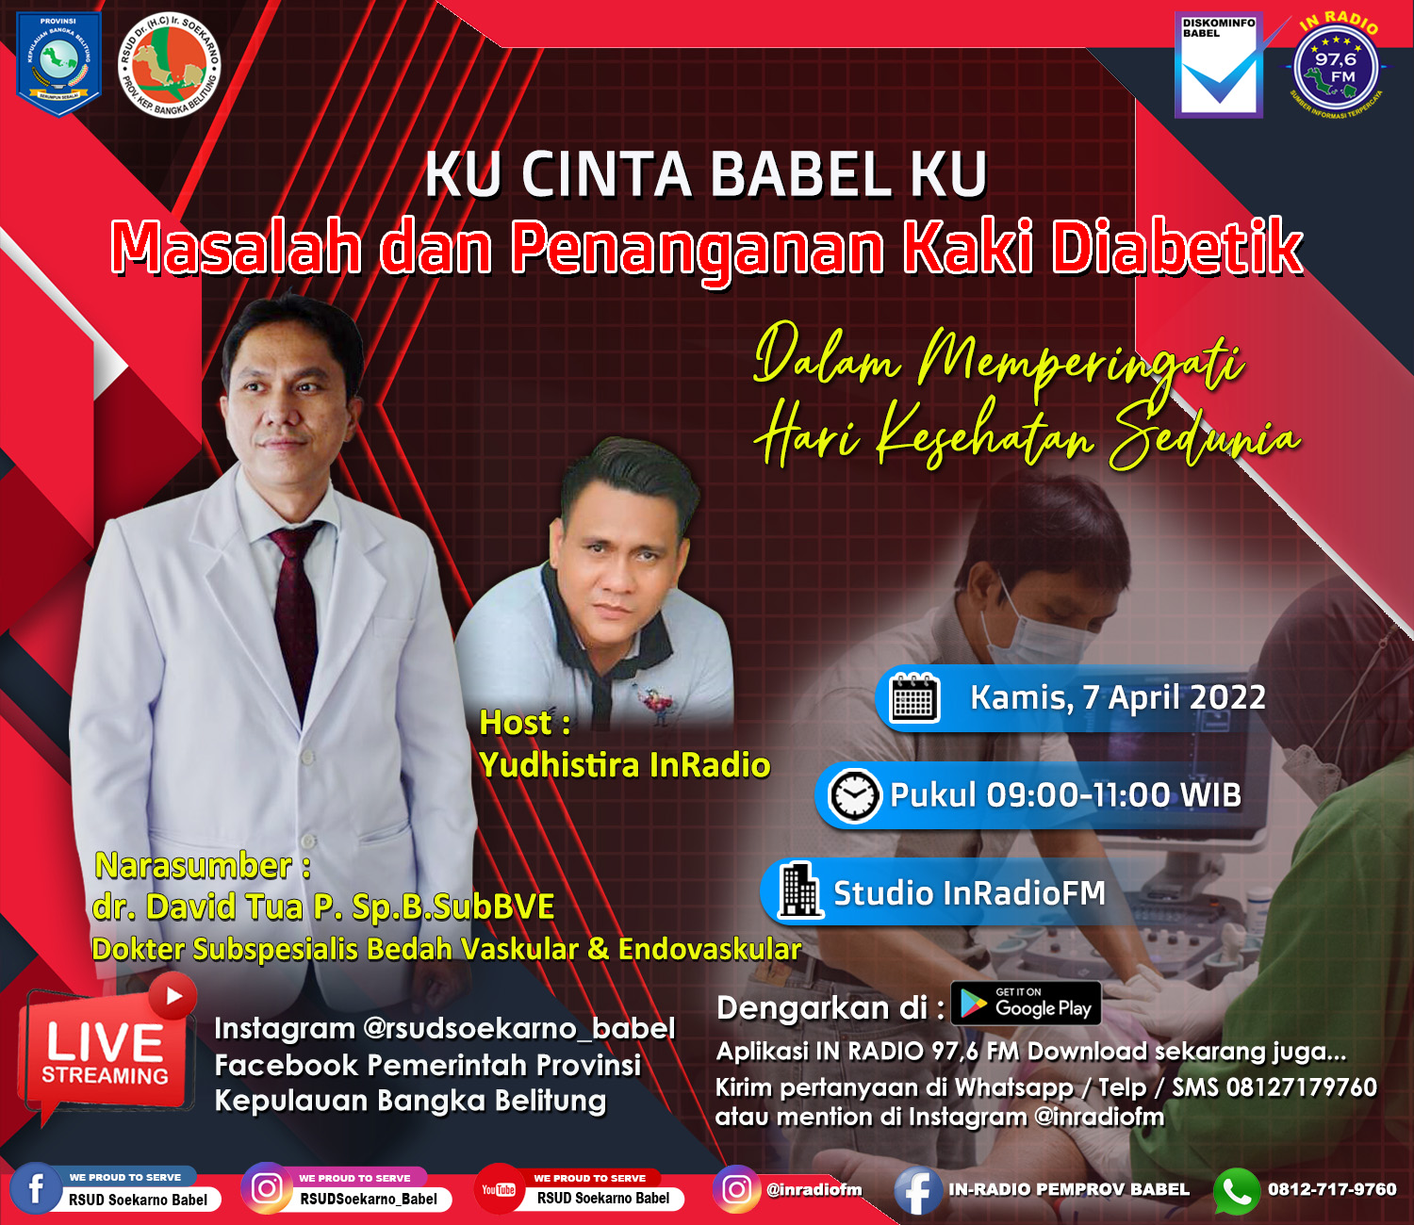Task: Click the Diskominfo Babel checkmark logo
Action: point(1218,65)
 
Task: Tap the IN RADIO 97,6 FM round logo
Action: point(1336,69)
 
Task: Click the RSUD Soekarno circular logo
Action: point(169,65)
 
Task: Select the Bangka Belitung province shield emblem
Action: point(58,64)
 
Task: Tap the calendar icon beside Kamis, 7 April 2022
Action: point(914,697)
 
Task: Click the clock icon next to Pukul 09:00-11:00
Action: point(854,795)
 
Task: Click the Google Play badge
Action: point(1027,1003)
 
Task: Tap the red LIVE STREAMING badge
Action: point(107,1049)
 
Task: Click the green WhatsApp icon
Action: point(1237,1191)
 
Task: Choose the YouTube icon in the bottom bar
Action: point(499,1189)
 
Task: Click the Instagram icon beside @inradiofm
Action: point(736,1189)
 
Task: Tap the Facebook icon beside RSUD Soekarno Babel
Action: point(36,1188)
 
